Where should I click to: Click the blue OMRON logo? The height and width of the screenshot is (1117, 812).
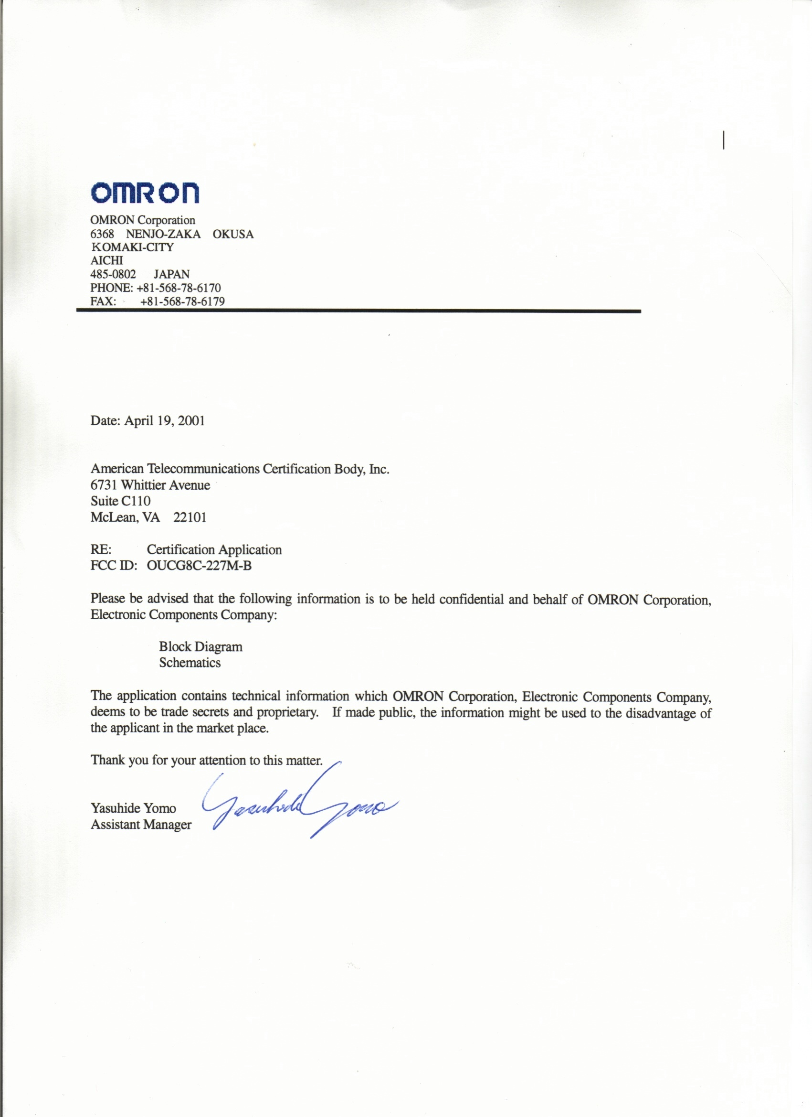(x=145, y=193)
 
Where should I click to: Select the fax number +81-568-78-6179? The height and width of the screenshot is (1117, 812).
(x=182, y=301)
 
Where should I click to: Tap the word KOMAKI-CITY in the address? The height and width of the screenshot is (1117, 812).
(x=132, y=247)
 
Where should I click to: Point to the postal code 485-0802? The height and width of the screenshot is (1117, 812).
(x=113, y=274)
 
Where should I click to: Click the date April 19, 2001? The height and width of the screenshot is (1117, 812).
(x=164, y=420)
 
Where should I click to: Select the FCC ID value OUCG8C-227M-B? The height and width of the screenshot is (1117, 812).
(x=200, y=566)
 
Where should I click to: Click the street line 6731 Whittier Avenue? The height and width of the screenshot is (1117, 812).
(x=150, y=485)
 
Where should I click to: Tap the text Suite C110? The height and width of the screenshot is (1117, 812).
(x=121, y=501)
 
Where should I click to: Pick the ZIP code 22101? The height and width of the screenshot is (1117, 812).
(x=190, y=517)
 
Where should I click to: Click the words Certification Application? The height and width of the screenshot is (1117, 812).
(x=214, y=549)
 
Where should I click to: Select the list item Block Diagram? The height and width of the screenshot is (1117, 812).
(x=201, y=647)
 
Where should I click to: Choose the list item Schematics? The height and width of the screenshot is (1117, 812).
(x=190, y=663)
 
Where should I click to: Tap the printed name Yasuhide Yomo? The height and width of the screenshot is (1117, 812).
(x=133, y=808)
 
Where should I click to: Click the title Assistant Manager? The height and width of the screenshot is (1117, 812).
(x=141, y=825)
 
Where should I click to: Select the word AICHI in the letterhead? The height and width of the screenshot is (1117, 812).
(x=107, y=260)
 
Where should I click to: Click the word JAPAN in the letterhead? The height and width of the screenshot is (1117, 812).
(x=171, y=274)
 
